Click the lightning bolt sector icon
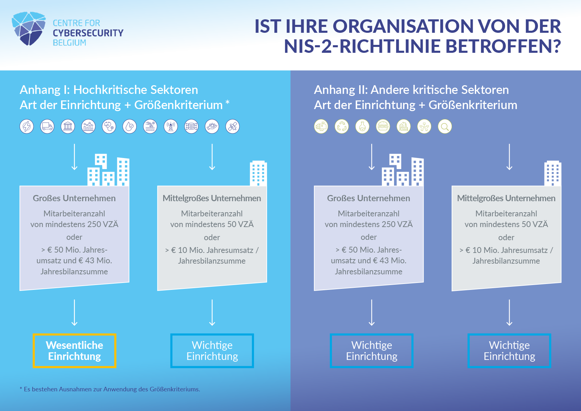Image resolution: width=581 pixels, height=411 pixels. tap(27, 127)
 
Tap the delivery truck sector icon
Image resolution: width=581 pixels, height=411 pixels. tap(47, 127)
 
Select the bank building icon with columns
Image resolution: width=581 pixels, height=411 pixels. tap(68, 127)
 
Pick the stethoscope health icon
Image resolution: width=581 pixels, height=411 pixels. tap(109, 127)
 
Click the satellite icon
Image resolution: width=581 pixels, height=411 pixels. tap(233, 127)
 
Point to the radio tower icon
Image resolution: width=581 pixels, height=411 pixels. tap(171, 127)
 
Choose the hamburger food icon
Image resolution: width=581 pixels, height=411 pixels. tap(383, 127)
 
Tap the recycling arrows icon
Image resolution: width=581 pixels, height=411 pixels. tap(342, 127)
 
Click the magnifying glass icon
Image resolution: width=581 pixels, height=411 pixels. tap(445, 127)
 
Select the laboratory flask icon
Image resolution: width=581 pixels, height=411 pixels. tap(362, 127)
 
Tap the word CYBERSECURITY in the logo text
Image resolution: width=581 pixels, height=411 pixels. tap(88, 33)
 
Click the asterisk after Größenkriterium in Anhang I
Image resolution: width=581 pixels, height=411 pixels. tap(227, 102)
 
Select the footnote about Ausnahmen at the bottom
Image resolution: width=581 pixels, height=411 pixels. tap(110, 389)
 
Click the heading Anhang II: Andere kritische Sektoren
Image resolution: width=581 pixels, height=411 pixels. tap(411, 90)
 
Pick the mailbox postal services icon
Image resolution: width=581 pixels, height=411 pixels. tap(321, 127)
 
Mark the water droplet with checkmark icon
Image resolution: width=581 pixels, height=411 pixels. tap(129, 127)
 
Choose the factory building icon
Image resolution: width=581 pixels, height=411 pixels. tap(403, 127)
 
